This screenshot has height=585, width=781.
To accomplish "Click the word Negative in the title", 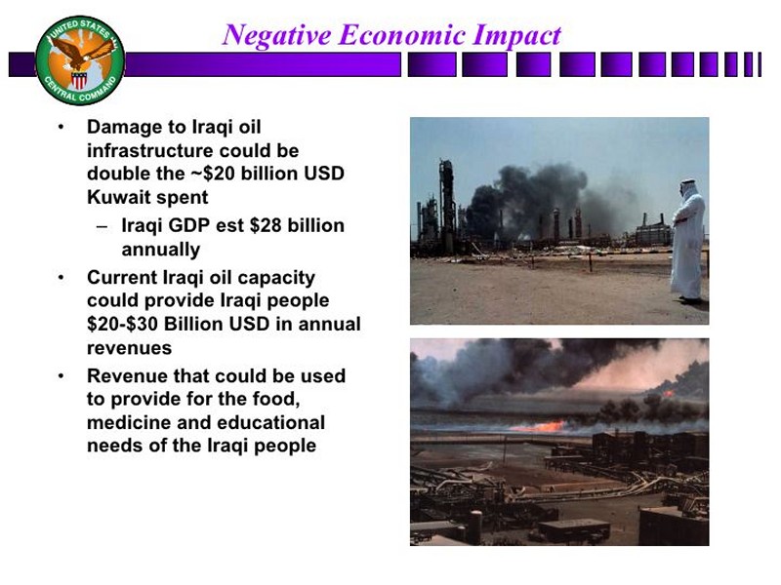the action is pyautogui.click(x=276, y=36).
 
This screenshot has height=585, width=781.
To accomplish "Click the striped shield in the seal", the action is pyautogui.click(x=79, y=80).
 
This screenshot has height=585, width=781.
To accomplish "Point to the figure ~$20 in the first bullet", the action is pyautogui.click(x=213, y=174).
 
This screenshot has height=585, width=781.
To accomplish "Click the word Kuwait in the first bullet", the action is pyautogui.click(x=118, y=198).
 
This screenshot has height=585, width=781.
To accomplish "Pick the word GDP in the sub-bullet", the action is pyautogui.click(x=188, y=226).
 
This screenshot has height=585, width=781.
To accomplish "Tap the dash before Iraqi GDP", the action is pyautogui.click(x=103, y=227).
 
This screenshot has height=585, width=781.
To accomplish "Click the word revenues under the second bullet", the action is pyautogui.click(x=129, y=348).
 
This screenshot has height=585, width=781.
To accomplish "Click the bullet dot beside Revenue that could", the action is pyautogui.click(x=61, y=376).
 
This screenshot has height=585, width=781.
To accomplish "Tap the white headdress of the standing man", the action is pyautogui.click(x=688, y=190).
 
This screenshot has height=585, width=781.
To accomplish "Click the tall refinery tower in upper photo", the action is pyautogui.click(x=446, y=204).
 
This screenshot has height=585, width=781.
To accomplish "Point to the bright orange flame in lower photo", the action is pyautogui.click(x=539, y=427).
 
